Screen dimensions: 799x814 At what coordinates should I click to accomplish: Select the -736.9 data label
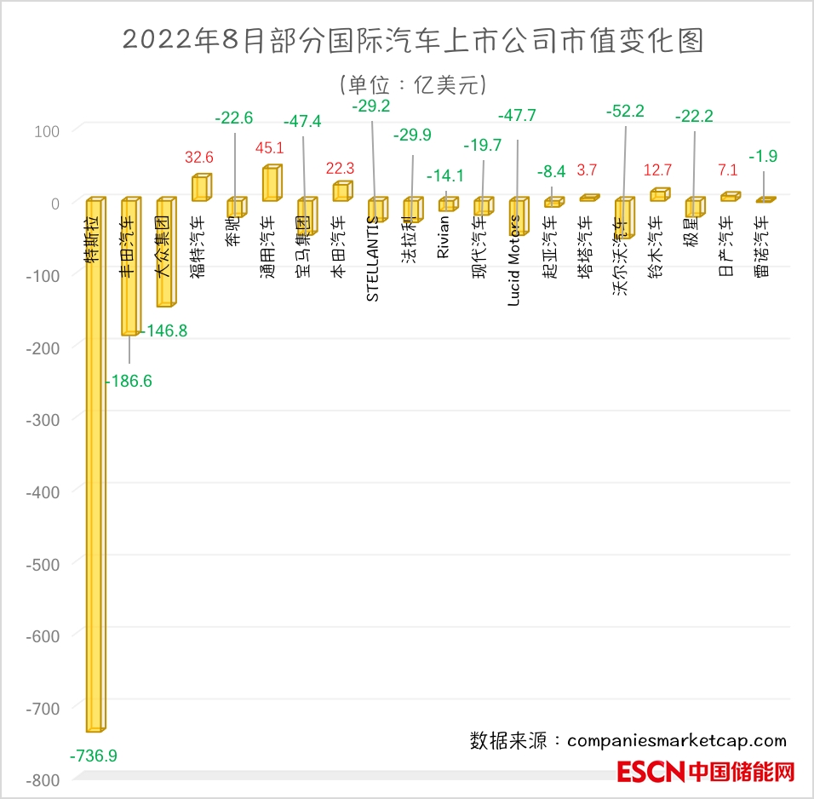point(94,756)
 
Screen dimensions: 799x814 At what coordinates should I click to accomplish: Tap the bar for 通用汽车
point(271,184)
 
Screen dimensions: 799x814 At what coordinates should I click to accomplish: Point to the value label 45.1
point(270,148)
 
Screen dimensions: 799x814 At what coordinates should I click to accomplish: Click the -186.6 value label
point(129,381)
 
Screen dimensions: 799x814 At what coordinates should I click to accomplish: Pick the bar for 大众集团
point(165,253)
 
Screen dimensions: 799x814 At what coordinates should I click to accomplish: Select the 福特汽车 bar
point(200,188)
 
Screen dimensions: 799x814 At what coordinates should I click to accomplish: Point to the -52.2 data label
point(626,111)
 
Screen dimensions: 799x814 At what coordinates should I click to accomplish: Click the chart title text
point(413,41)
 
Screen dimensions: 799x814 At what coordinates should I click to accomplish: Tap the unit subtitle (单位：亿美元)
point(412,84)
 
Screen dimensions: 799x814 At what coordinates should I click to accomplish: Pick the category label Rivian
point(443,239)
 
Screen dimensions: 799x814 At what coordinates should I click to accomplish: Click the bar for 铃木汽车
point(659,195)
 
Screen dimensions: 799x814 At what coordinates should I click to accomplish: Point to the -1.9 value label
point(763,157)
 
